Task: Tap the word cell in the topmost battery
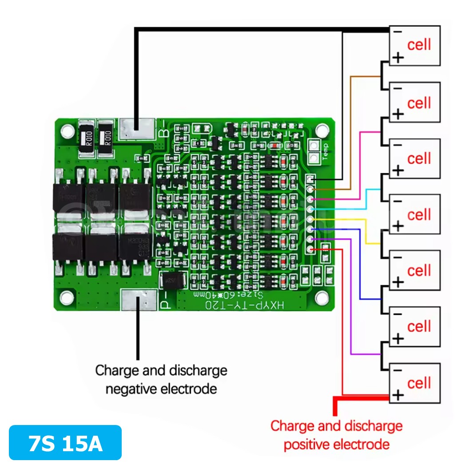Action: (419, 44)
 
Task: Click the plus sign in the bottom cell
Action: (398, 394)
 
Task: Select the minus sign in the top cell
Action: (397, 32)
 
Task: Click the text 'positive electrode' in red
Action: (336, 444)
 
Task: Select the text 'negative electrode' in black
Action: (161, 389)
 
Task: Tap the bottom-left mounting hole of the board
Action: (67, 297)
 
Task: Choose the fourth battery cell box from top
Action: (414, 214)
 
